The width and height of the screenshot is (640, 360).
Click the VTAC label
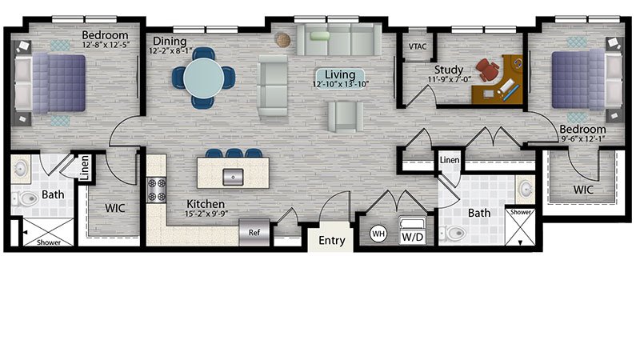point(418,46)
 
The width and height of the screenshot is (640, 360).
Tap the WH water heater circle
point(378,234)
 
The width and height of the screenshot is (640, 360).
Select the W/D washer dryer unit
point(412,230)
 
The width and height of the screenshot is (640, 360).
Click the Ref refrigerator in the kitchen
point(254,232)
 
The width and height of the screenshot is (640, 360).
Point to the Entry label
point(332,241)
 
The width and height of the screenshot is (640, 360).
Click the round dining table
point(203,78)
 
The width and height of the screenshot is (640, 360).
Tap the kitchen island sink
point(233,177)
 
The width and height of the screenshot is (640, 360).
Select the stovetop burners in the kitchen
point(156,190)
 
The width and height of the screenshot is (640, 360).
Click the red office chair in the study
point(488,69)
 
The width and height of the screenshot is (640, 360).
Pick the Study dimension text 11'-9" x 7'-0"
point(448,79)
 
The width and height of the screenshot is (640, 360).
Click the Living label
point(340,74)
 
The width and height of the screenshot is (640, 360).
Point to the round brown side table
point(283,40)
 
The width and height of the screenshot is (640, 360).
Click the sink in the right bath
point(526,189)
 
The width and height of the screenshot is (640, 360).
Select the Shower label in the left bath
point(49,242)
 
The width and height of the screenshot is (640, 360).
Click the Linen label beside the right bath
point(450,160)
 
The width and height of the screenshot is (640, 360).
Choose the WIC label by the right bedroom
point(583,190)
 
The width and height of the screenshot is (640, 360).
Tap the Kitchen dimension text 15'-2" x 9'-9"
point(206,214)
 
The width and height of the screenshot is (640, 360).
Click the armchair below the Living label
point(346,116)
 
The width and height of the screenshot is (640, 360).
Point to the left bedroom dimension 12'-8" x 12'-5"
point(106,45)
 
